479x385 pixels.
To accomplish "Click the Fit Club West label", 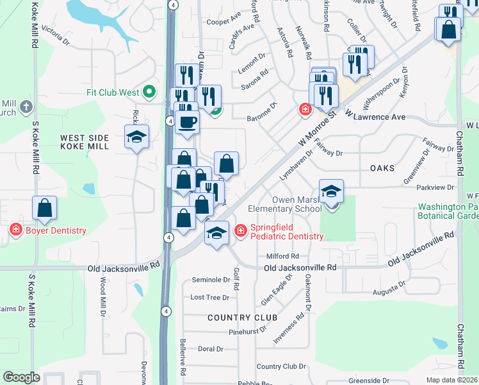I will point(113,92).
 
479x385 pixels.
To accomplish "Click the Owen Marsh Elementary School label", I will point(296,204).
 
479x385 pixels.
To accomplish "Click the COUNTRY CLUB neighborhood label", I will point(242,318).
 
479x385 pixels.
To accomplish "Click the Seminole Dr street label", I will point(211,280).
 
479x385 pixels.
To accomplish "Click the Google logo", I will point(21,377).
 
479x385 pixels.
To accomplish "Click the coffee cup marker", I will point(187,122).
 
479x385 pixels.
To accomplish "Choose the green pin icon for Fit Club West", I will point(150,92).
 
